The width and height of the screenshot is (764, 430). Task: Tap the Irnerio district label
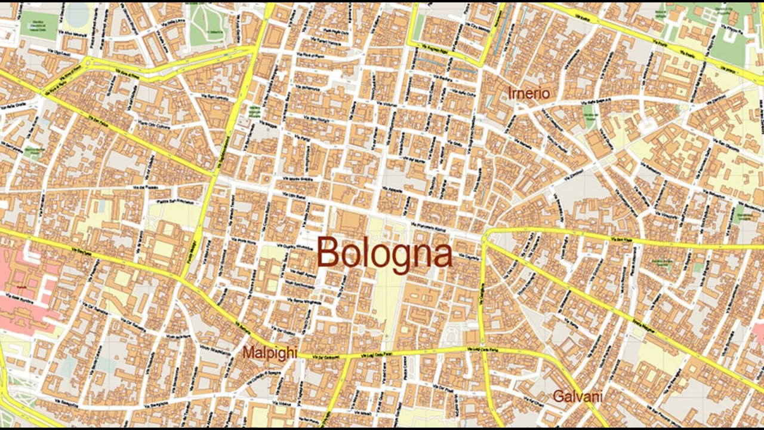[x=528, y=93]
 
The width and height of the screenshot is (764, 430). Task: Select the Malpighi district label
[x=269, y=352]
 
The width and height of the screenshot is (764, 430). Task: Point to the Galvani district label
[x=577, y=397]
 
